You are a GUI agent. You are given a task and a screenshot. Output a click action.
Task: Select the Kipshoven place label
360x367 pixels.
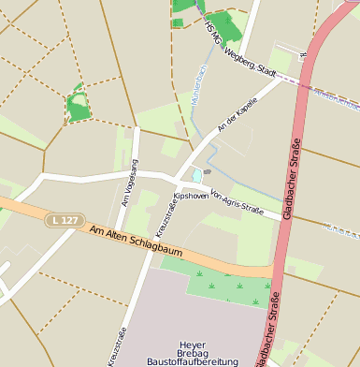click(191, 197)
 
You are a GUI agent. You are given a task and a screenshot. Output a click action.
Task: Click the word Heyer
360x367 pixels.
click(192, 344)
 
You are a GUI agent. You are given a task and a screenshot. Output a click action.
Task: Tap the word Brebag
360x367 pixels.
click(192, 353)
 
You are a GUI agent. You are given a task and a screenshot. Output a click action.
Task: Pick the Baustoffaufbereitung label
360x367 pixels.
click(192, 362)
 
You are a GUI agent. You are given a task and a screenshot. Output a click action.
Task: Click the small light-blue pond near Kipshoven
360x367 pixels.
click(197, 174)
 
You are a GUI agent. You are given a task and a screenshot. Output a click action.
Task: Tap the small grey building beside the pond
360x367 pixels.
click(208, 171)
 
